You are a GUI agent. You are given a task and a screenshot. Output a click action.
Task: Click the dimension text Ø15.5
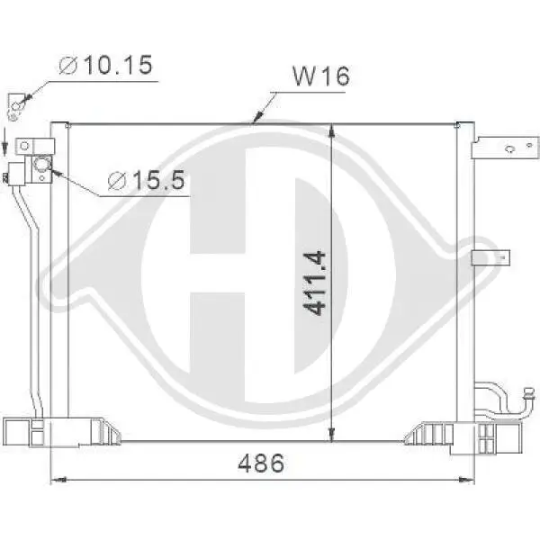pos(146,181)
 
